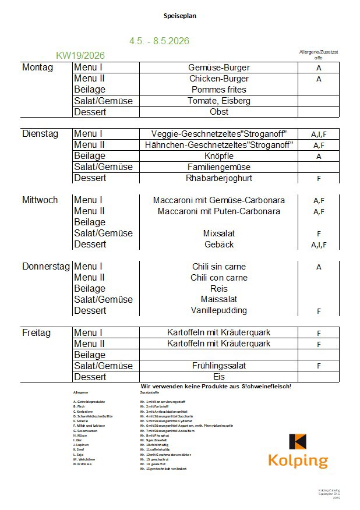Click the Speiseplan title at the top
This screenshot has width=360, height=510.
tap(180, 16)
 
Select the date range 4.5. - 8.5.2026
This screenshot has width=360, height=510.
tap(159, 41)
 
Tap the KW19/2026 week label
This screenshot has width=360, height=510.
tap(80, 55)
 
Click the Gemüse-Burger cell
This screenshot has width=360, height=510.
tap(218, 68)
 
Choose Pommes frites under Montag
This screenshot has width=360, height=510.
tap(218, 90)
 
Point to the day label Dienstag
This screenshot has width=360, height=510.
tap(40, 134)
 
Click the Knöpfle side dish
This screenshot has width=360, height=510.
tap(218, 156)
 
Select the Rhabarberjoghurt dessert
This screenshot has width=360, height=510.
tap(218, 178)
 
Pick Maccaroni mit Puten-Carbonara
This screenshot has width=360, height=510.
tap(218, 211)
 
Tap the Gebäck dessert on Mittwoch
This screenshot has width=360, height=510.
tap(218, 245)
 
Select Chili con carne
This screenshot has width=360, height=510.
tap(218, 278)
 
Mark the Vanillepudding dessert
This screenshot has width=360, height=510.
tap(218, 311)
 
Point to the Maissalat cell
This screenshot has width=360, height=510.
tap(218, 300)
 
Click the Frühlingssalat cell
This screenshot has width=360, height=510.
tap(218, 366)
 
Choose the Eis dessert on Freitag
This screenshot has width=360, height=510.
tap(218, 377)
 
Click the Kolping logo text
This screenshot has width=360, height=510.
tap(298, 461)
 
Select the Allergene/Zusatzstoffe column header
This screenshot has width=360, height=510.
tap(319, 55)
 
